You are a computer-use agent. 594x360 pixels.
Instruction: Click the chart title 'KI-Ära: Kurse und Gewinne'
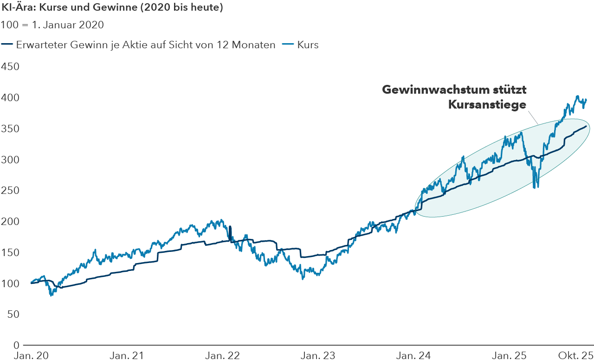[x=111, y=8]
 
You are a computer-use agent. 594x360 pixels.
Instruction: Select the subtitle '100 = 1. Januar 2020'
[x=52, y=25]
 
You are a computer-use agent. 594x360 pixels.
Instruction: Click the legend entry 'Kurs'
[x=308, y=45]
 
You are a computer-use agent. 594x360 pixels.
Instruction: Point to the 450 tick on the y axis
[x=10, y=66]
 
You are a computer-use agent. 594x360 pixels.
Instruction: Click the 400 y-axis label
[x=10, y=97]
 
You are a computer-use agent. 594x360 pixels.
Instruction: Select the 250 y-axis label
[x=10, y=190]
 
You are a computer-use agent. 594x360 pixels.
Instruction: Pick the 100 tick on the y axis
[x=10, y=283]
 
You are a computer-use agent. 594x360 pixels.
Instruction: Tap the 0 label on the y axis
[x=16, y=345]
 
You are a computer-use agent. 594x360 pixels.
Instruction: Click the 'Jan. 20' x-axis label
[x=31, y=355]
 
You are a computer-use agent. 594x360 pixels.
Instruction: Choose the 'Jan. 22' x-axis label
[x=222, y=355]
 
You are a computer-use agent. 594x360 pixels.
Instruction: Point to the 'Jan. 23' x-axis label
[x=318, y=355]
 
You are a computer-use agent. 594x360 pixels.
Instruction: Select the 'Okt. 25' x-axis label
[x=575, y=355]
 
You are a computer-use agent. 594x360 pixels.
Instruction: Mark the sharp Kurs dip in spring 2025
[x=536, y=187]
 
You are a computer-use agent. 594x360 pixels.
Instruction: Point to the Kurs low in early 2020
[x=51, y=295]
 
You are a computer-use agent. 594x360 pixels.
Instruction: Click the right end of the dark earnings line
[x=586, y=126]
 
